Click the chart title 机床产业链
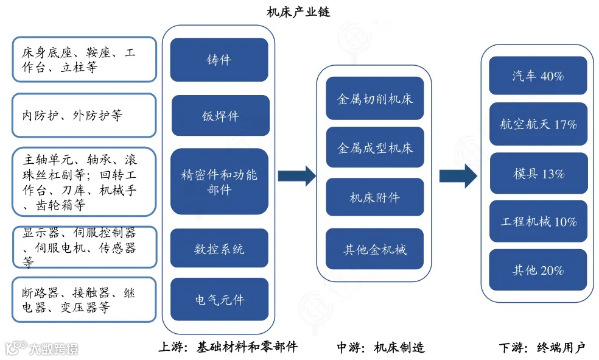298,12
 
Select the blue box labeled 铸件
219,60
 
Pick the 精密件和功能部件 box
219,182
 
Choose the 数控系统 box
219,249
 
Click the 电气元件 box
219,299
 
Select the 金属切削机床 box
374,98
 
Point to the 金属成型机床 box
374,148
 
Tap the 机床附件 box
374,197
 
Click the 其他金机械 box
374,249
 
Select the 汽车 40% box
538,76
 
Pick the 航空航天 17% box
538,124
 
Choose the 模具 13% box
538,174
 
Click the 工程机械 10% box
538,222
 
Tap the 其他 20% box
538,270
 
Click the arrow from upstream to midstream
296,176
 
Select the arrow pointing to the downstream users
458,176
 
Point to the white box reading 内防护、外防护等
84,115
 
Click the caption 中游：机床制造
380,348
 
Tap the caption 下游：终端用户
542,348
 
